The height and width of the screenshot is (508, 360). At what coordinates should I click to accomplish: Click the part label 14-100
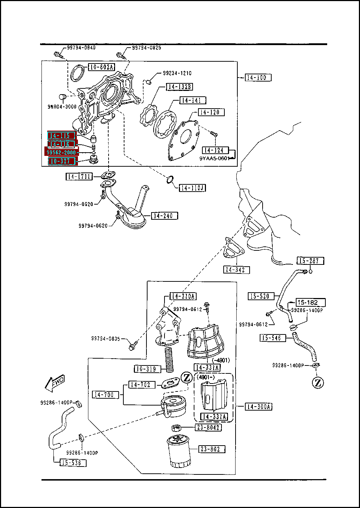tap(258, 77)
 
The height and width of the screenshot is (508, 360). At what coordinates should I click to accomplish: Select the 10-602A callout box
tap(101, 67)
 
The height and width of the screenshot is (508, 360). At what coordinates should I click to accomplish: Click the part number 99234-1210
tap(177, 73)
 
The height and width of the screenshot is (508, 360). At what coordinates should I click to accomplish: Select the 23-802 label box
tap(212, 449)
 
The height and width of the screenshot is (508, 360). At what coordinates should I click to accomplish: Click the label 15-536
tap(73, 463)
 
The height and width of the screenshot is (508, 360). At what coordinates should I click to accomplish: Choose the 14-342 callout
tap(236, 270)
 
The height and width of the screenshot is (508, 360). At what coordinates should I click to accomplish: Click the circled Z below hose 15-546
tap(317, 382)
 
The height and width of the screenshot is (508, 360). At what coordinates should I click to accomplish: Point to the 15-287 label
tap(310, 260)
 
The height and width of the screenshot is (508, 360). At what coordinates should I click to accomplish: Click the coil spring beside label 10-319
tap(169, 359)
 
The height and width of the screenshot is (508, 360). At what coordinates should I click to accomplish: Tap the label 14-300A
tap(259, 407)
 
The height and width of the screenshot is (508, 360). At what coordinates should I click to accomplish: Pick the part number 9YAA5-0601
tap(214, 158)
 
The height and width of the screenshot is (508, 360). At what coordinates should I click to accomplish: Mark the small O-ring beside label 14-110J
tap(170, 179)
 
